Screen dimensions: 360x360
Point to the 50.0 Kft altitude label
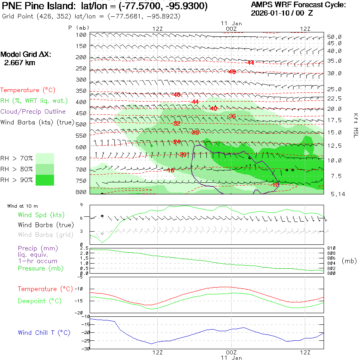click(334, 37)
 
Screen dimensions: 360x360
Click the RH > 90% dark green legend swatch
click(45, 180)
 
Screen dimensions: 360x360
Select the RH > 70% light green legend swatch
click(45, 158)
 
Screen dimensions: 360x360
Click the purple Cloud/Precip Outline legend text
click(33, 112)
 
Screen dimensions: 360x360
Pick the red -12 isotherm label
click(275, 185)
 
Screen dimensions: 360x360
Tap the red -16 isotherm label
click(170, 170)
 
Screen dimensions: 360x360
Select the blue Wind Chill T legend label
click(44, 333)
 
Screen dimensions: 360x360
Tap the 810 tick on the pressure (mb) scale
click(332, 248)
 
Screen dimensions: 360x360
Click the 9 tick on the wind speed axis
click(81, 205)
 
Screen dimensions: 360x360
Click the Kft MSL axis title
click(355, 125)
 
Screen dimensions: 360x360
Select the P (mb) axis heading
click(78, 28)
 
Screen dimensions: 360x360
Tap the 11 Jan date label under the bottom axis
click(232, 358)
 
